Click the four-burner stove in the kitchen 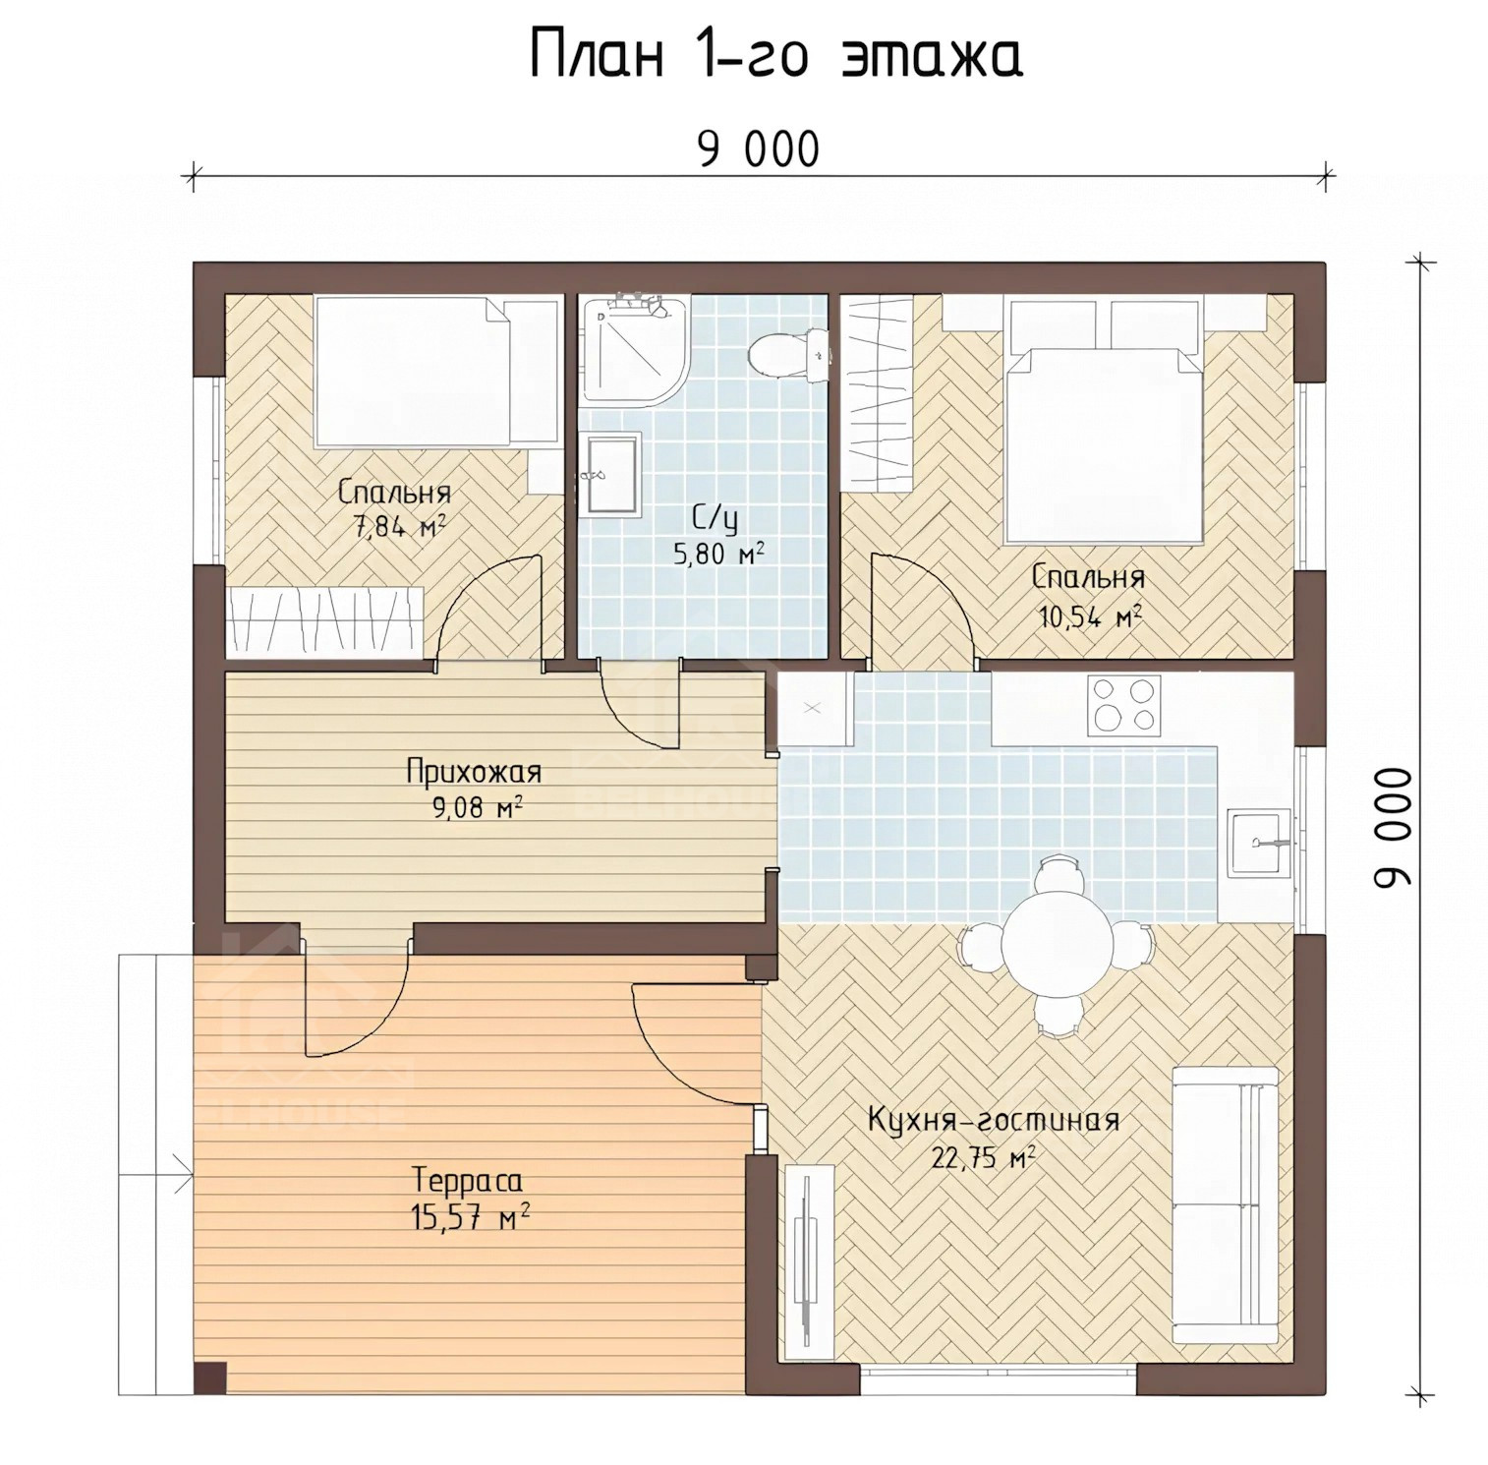click(x=1124, y=703)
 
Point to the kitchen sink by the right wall click(x=1258, y=843)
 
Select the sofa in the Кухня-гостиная click(x=1226, y=1205)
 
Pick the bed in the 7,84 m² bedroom click(x=436, y=373)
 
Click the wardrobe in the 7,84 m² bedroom click(x=324, y=621)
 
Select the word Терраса click(x=468, y=1179)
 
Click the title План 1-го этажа click(x=776, y=56)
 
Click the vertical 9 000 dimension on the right click(x=1393, y=828)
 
